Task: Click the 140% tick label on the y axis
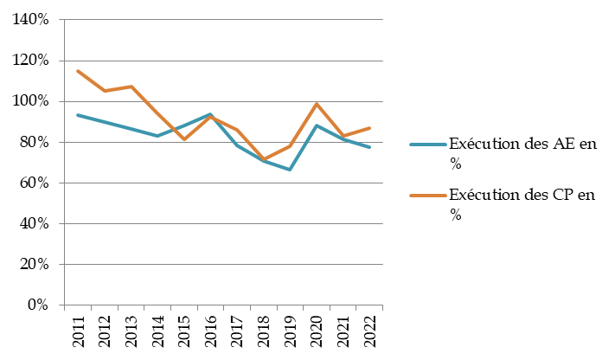[31, 20]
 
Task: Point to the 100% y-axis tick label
[31, 101]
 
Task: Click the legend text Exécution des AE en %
[522, 151]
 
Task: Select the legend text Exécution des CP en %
[522, 205]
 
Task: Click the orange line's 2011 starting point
[79, 71]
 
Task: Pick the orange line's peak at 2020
[317, 104]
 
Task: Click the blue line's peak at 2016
[211, 114]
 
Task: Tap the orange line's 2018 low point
[264, 159]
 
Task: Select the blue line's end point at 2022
[370, 147]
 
